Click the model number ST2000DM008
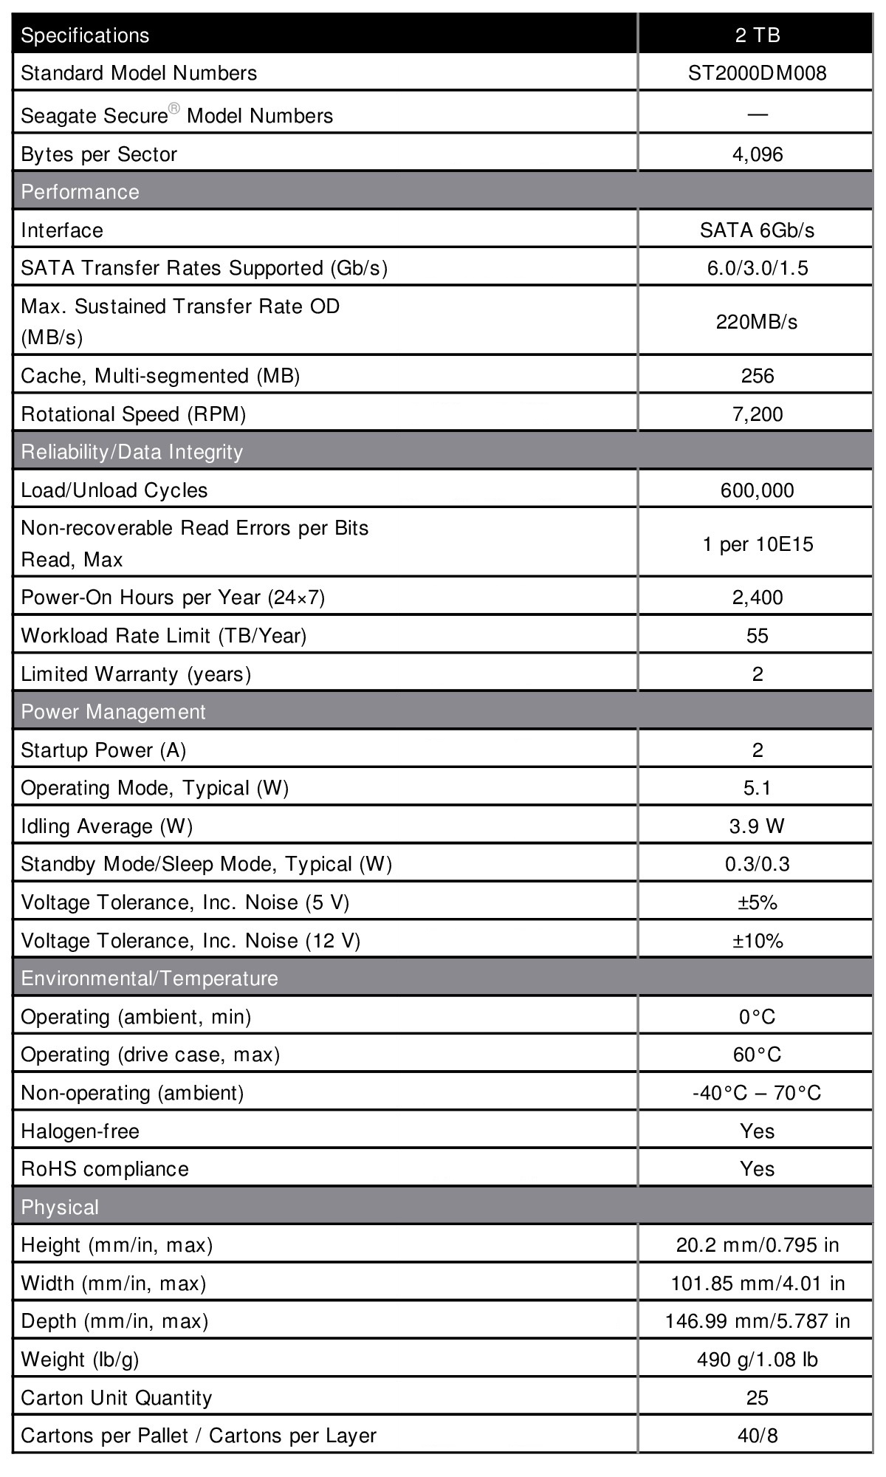(757, 73)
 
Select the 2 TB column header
(757, 35)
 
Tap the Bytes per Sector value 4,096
(757, 154)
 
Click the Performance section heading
(80, 192)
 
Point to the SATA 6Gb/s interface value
(757, 230)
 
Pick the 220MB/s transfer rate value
(757, 322)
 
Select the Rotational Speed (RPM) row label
(133, 414)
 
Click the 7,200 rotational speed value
(757, 414)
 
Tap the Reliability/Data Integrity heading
(131, 452)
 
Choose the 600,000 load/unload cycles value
(757, 490)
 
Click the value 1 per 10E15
(757, 545)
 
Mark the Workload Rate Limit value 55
(757, 636)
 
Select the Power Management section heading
(113, 712)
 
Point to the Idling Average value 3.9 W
(757, 826)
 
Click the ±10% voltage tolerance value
(757, 941)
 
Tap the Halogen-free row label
(80, 1131)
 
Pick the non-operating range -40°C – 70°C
(757, 1093)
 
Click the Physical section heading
(59, 1207)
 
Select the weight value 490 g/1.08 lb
(757, 1360)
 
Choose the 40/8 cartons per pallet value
(757, 1436)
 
